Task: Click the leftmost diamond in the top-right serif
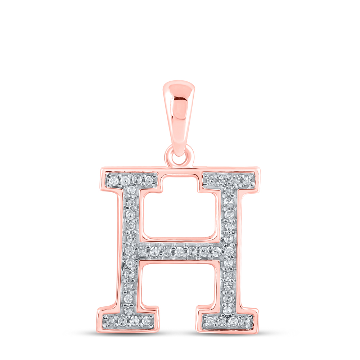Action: [x=211, y=180]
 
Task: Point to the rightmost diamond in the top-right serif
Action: [x=246, y=180]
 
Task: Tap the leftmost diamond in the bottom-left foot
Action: [x=112, y=320]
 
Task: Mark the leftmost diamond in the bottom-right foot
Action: [x=210, y=320]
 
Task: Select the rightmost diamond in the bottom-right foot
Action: [x=246, y=320]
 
